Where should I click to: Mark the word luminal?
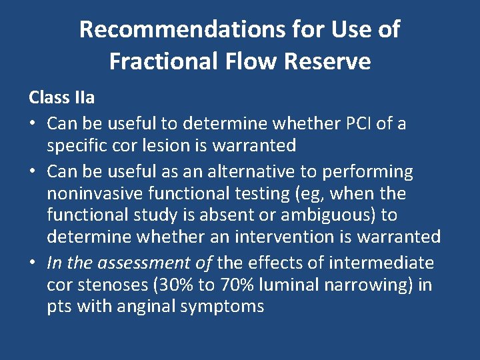288,285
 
